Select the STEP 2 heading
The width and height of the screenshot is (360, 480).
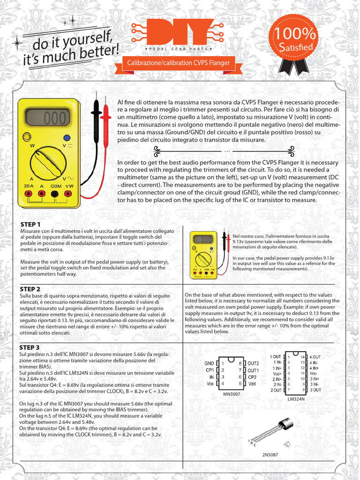30,289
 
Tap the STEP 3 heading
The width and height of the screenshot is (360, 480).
30,348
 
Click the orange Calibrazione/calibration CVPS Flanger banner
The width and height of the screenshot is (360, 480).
175,62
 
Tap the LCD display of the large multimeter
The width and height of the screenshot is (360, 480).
47,118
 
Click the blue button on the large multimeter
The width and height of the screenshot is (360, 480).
67,138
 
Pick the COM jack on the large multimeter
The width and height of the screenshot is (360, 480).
56,193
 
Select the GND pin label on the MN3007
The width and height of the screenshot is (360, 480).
210,363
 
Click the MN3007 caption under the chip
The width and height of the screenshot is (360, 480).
232,395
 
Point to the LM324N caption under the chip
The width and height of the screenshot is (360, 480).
296,399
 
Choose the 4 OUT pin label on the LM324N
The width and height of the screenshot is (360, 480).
315,357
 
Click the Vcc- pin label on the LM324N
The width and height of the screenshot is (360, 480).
314,373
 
